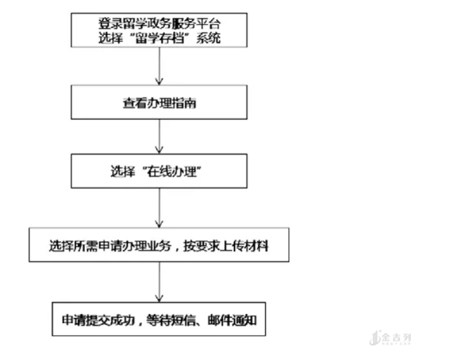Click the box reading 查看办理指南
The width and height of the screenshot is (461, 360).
point(159,103)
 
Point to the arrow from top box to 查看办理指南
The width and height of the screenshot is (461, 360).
point(159,68)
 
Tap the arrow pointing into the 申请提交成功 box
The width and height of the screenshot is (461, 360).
point(159,281)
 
